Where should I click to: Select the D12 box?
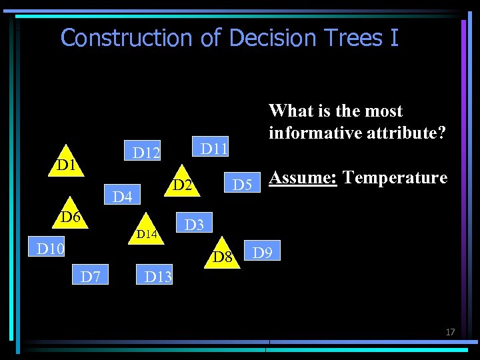pos(147,153)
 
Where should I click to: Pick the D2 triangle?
pos(181,184)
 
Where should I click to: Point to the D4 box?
pos(123,197)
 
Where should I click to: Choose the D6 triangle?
pos(71,216)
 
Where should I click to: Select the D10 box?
pos(50,249)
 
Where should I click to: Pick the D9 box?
pos(262,253)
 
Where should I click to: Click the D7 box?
pos(91,275)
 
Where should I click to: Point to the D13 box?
pos(158,276)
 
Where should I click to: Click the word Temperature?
pos(395,178)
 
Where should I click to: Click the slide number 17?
pos(450,332)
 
